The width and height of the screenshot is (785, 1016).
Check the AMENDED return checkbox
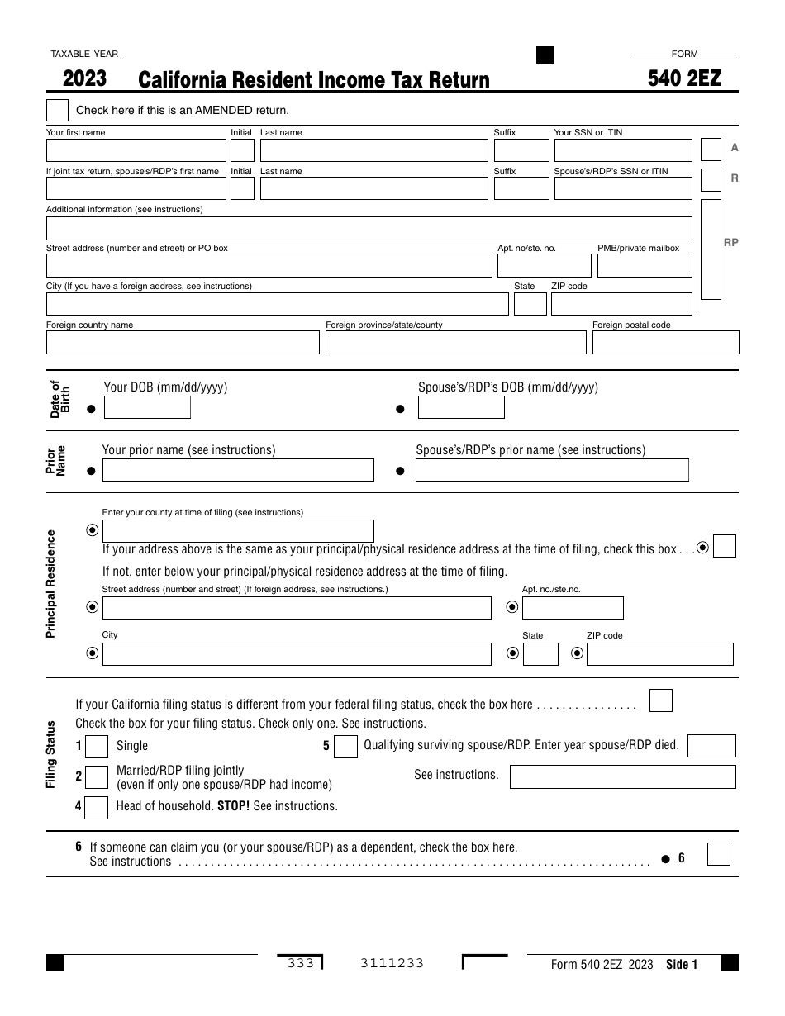(58, 110)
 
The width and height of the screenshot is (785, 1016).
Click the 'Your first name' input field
(136, 150)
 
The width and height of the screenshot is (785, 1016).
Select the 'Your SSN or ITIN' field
(622, 150)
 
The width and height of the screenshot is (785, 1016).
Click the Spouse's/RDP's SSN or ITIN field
(622, 188)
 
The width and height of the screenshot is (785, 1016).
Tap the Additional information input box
(369, 228)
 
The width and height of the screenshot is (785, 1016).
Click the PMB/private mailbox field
(644, 266)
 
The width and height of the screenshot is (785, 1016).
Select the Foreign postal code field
(665, 343)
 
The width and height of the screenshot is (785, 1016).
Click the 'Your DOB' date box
(147, 408)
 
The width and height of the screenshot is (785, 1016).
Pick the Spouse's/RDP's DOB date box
(460, 408)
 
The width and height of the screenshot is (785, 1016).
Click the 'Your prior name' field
(238, 471)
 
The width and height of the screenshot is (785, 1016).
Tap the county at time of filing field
(238, 530)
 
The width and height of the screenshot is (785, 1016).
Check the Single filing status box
(97, 747)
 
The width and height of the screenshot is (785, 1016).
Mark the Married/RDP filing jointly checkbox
(97, 777)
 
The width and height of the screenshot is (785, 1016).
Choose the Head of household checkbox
(97, 807)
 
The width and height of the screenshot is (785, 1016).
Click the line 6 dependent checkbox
(719, 854)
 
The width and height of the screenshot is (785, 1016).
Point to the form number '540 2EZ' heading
(685, 78)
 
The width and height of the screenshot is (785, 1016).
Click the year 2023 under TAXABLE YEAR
(84, 78)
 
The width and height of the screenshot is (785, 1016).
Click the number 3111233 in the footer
(392, 964)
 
